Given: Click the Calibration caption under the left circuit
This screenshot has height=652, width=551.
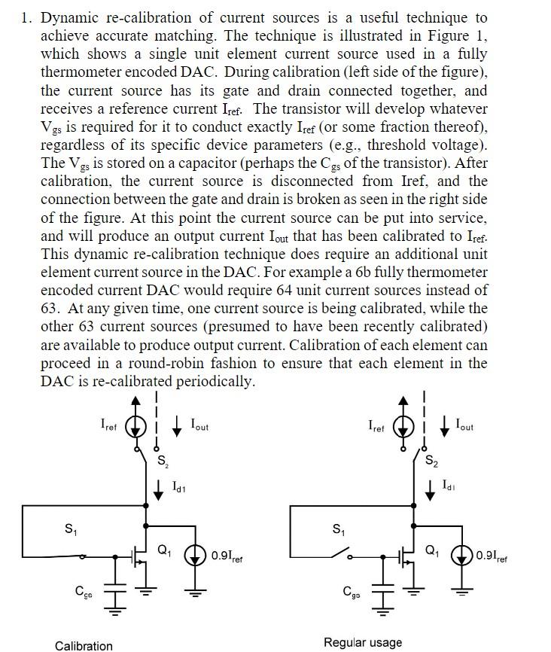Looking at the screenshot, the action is click(84, 645).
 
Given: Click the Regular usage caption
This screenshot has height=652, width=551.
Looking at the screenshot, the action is click(363, 642).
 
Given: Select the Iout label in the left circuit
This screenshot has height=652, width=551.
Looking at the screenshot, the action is click(199, 425).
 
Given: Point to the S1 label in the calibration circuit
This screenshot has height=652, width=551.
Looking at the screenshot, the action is click(69, 528).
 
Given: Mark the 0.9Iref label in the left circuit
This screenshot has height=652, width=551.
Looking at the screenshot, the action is click(227, 556).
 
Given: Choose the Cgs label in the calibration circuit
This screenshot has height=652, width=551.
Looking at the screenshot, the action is click(84, 592).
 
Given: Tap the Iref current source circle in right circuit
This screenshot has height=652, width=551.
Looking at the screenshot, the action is click(405, 425).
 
